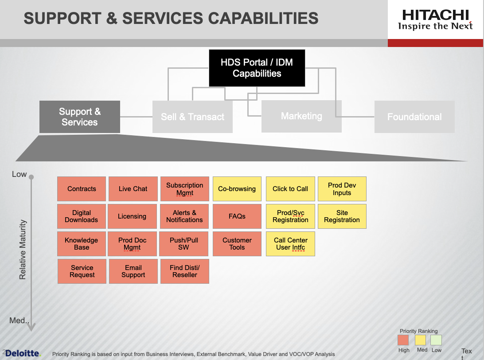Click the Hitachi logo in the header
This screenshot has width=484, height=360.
click(435, 20)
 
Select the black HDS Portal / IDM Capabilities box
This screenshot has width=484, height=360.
click(257, 68)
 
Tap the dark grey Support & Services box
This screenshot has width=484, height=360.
click(80, 117)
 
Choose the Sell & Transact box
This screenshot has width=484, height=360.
click(192, 117)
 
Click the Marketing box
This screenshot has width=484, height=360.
click(301, 116)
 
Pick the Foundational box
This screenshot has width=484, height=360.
click(414, 117)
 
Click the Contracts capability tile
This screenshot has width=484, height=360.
click(82, 189)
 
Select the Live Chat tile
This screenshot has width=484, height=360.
click(133, 189)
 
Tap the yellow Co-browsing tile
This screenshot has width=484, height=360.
click(237, 189)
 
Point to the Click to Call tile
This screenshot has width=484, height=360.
click(290, 189)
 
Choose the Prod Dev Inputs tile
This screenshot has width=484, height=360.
click(342, 189)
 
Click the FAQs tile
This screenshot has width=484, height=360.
click(237, 216)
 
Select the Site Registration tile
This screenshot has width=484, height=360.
click(342, 216)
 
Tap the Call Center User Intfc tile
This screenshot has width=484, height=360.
click(290, 244)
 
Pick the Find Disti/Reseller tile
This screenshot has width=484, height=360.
click(185, 271)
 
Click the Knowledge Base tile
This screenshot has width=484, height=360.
click(82, 244)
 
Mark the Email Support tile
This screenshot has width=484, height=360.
click(133, 271)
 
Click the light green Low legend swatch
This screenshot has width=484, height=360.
click(436, 340)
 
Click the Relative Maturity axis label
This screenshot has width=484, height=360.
click(23, 250)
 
